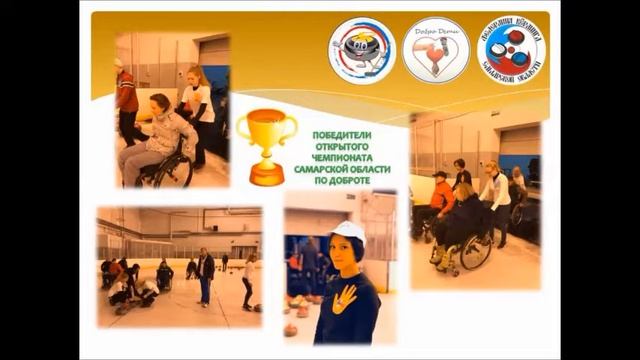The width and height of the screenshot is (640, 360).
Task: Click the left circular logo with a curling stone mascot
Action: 361,50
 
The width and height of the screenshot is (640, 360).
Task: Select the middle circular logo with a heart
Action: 435,50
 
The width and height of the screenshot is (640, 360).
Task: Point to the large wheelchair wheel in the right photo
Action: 475,250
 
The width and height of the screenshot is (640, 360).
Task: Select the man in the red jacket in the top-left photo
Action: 126,100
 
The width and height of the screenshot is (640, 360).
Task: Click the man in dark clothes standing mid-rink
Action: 205,275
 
